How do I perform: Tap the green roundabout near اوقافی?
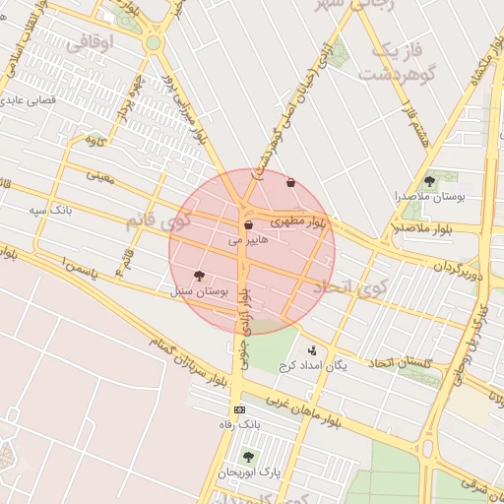pos(153,43)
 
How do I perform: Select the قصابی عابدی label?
pos(39,99)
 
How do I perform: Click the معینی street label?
pos(99,176)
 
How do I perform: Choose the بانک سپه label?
pos(50,210)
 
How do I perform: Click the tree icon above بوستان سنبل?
pos(200,277)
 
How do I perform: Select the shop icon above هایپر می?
pos(248,225)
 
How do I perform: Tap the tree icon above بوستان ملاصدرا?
pos(429,181)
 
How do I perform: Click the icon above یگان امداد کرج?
pos(313,350)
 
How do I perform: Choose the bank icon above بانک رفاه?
pos(239,409)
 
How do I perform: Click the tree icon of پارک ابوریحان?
pos(248,457)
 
